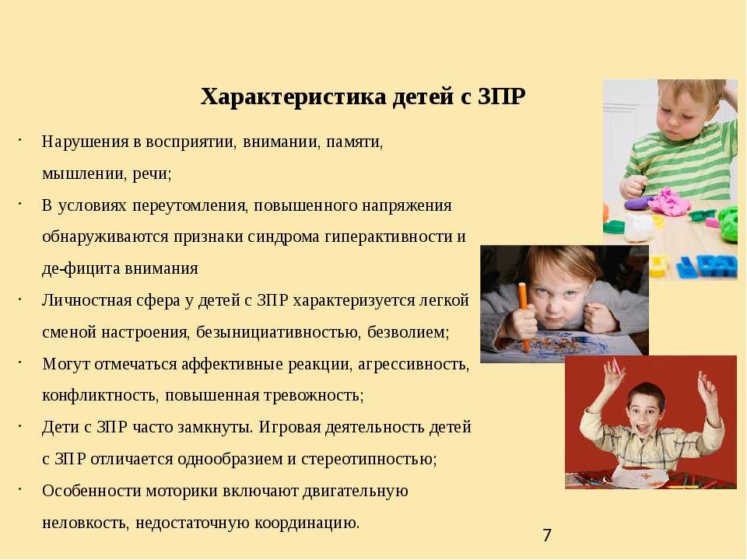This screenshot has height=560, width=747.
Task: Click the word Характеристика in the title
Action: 293,96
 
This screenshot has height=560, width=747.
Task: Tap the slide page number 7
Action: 547,535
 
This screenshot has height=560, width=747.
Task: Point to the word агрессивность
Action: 413,364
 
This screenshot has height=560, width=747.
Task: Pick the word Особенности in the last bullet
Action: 92,491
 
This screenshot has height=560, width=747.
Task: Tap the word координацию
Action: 307,523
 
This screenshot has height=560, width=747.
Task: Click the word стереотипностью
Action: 369,459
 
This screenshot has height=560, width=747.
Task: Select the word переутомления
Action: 191,205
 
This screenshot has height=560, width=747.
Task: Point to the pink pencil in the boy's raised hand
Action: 616,366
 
